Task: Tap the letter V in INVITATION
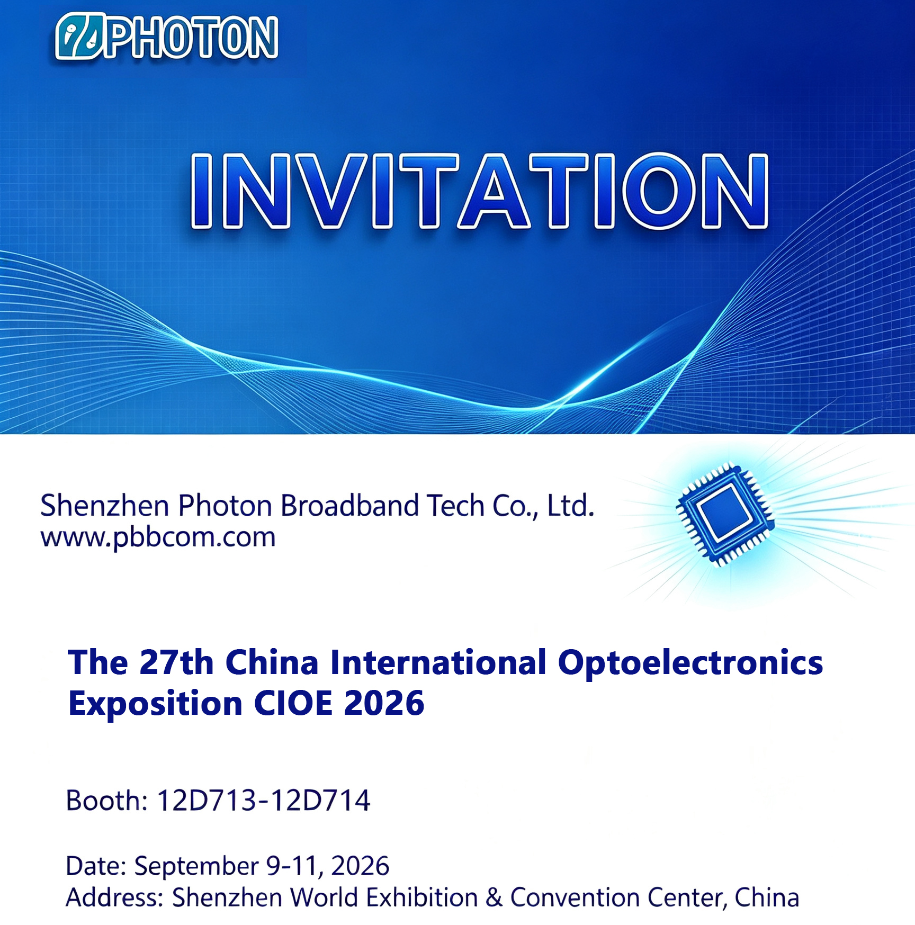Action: [x=330, y=191]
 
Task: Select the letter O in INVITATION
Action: [x=659, y=191]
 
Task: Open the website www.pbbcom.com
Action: [x=158, y=538]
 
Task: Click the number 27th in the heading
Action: [x=176, y=662]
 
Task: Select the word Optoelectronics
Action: [x=690, y=663]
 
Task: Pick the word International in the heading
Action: [x=438, y=662]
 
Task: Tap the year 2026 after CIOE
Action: [x=384, y=703]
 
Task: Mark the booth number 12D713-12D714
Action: [x=263, y=800]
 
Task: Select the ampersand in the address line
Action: [x=494, y=898]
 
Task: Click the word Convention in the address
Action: [x=575, y=898]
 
